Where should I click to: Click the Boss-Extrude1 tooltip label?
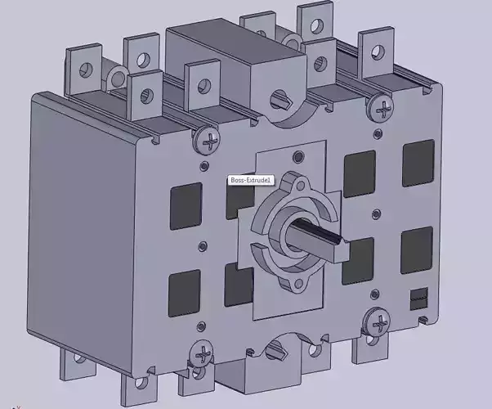(x=251, y=180)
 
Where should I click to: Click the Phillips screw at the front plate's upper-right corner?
(x=380, y=105)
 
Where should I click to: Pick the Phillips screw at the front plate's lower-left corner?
(x=200, y=356)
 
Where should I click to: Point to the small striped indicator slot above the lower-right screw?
(x=418, y=296)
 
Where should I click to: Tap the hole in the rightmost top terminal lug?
(x=372, y=47)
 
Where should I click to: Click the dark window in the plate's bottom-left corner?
(x=183, y=292)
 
